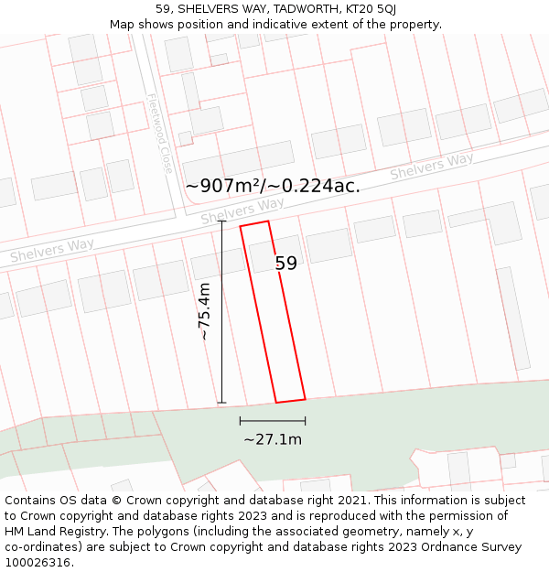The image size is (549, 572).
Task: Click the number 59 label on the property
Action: tap(286, 264)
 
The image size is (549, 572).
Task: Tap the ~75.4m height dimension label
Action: tap(205, 311)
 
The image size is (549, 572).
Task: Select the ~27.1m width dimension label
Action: tap(273, 439)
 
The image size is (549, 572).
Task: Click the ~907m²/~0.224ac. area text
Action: tap(273, 186)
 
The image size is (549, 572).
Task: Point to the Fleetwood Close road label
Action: tap(159, 134)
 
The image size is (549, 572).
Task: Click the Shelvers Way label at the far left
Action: tap(52, 250)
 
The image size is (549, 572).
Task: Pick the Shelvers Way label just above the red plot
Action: tap(242, 211)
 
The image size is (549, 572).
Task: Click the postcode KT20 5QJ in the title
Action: tap(371, 9)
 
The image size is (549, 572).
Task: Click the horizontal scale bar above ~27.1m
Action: tap(273, 421)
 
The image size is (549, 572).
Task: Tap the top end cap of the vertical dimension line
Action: tap(221, 221)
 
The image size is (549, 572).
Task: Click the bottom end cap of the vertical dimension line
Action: tap(221, 402)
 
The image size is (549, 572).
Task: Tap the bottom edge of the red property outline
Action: tap(291, 400)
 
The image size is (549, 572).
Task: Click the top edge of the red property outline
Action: tap(254, 223)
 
